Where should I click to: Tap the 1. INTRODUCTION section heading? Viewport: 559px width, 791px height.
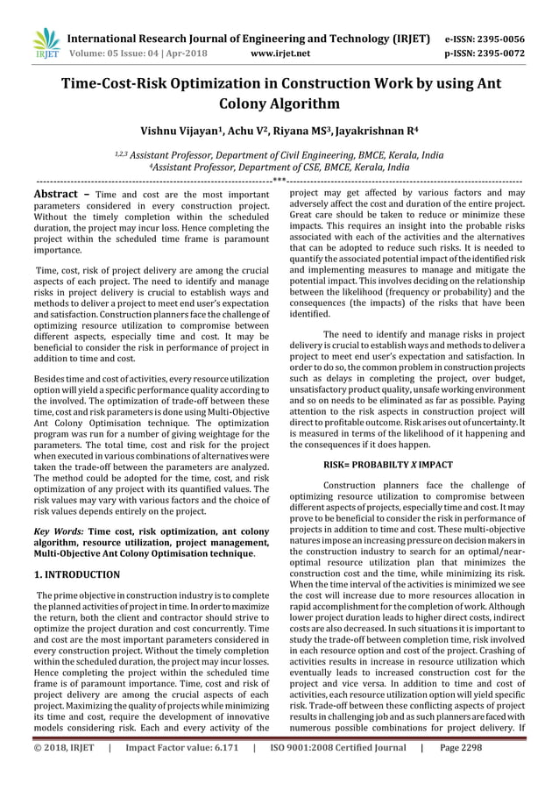point(76,574)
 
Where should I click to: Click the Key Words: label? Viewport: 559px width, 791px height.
point(58,531)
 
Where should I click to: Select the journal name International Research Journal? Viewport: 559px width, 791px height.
point(175,39)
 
